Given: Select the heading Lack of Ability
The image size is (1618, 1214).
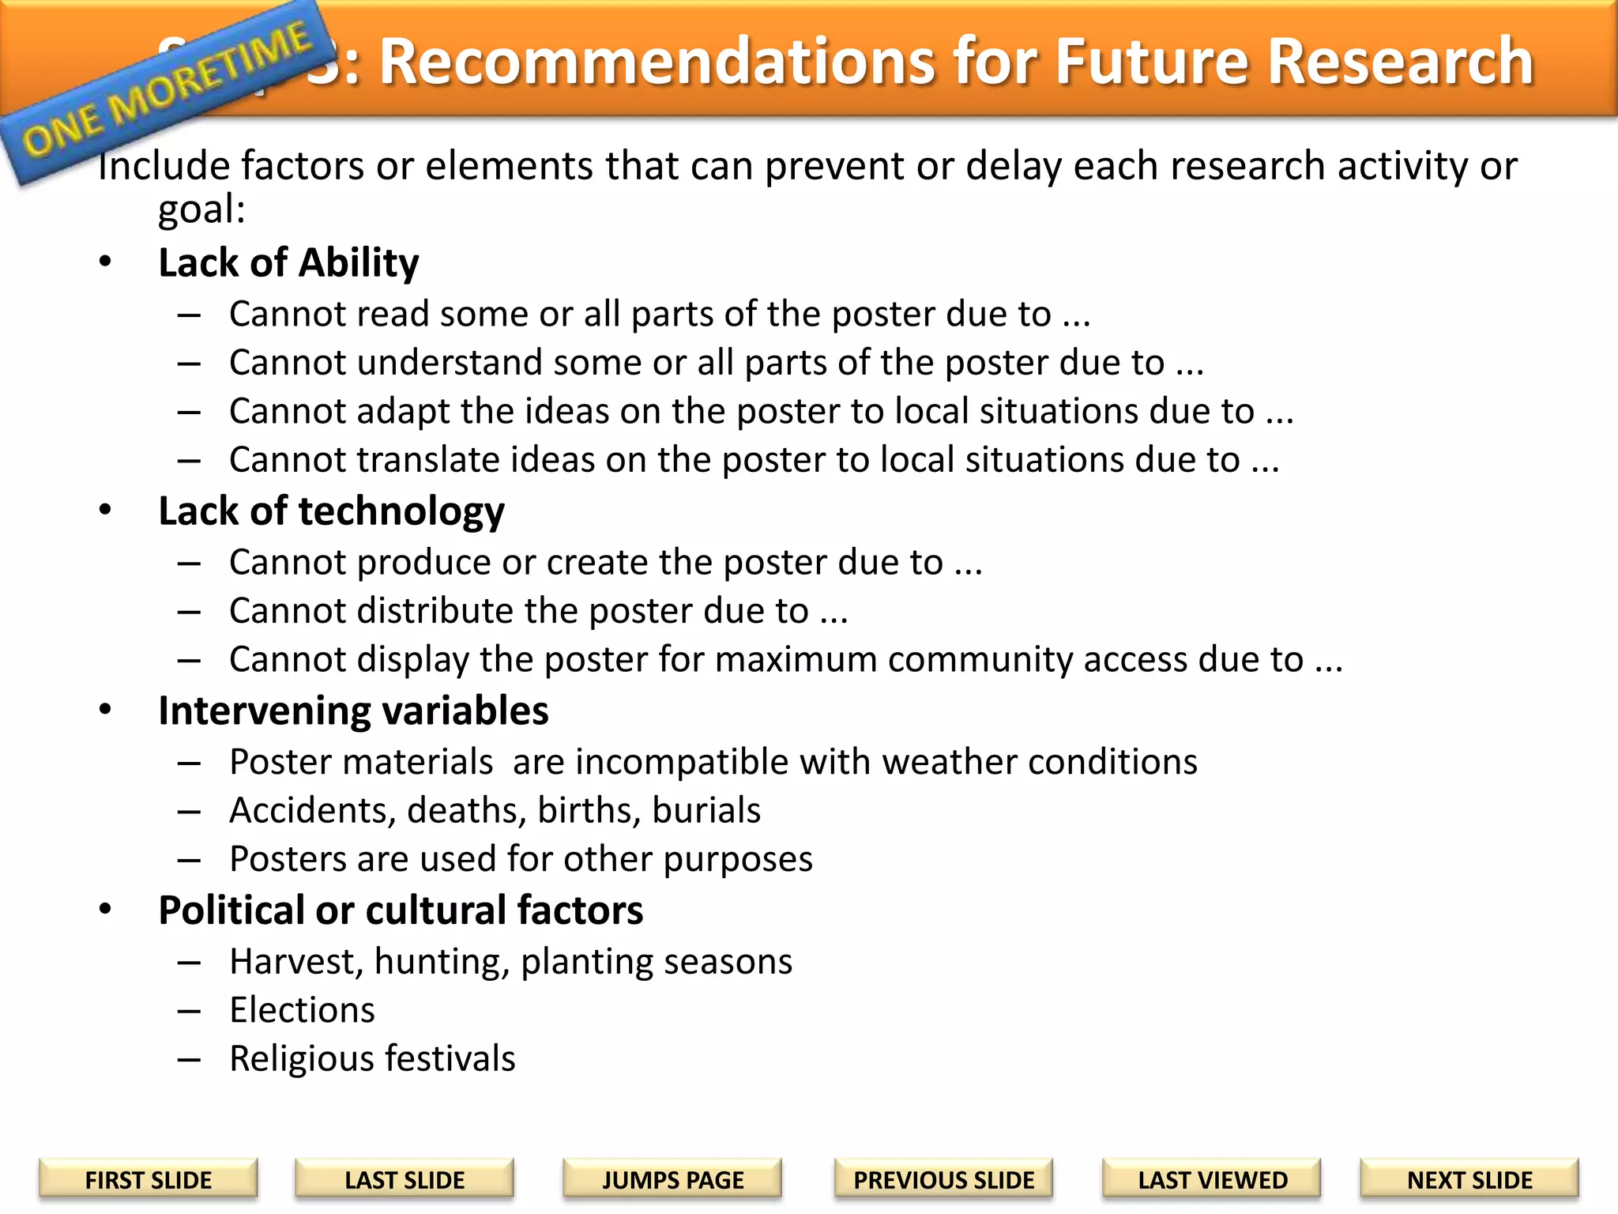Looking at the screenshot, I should (288, 262).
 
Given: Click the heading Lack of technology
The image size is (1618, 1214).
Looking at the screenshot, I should (331, 511).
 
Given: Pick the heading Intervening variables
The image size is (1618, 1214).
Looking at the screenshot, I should (353, 711).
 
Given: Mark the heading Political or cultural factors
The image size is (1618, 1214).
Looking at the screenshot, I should (401, 910).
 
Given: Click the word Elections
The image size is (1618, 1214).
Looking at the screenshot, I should (302, 1010).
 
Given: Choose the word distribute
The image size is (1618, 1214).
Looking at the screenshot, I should (433, 611).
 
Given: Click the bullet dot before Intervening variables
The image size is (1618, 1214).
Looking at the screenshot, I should (105, 710).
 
